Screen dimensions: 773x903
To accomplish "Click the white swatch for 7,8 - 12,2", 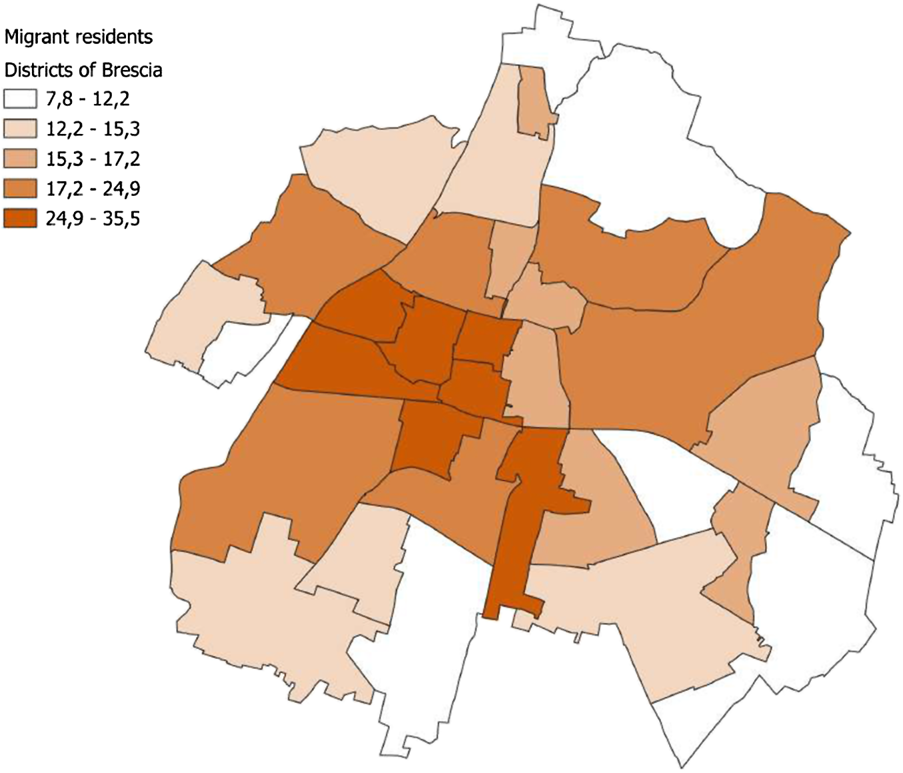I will click(x=21, y=100).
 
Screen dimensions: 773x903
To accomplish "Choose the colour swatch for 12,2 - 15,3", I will click(x=21, y=129).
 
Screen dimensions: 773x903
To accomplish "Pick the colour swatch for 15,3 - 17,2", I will click(x=21, y=159).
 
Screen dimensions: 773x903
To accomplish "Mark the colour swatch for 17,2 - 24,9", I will click(x=21, y=189).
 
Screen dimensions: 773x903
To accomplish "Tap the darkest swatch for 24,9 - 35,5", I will click(x=21, y=219).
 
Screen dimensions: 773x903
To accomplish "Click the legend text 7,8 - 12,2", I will click(x=87, y=100).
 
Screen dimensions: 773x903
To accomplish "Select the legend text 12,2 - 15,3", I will click(x=93, y=129).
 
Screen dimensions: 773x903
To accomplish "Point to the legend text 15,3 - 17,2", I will click(x=93, y=159).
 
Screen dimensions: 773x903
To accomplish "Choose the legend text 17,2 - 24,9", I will click(x=93, y=189).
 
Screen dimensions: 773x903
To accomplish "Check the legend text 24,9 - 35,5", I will click(x=93, y=219).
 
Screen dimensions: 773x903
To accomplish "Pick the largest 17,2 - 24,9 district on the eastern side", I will click(x=700, y=333).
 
